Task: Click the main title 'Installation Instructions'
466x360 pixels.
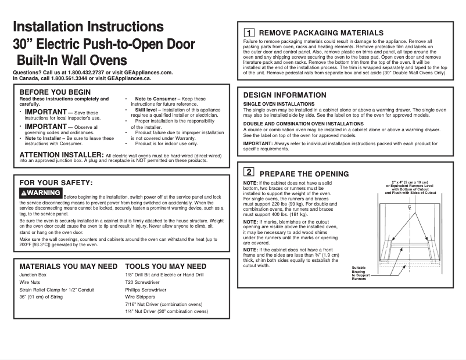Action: click(88, 27)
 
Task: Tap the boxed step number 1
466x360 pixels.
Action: click(248, 33)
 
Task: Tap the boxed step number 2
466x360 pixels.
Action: click(248, 172)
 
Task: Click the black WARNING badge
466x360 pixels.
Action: click(41, 193)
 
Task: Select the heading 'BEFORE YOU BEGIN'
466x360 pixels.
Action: click(55, 92)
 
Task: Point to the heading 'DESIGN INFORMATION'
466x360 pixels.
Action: click(285, 95)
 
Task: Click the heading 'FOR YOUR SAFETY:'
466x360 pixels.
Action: click(56, 183)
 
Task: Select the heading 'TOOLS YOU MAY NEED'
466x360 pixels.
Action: click(166, 266)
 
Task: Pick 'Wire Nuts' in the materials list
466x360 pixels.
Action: click(30, 282)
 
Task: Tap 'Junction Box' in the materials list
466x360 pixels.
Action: click(33, 274)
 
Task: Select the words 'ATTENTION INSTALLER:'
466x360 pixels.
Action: click(61, 154)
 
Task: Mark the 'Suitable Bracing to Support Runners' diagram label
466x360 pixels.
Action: click(360, 273)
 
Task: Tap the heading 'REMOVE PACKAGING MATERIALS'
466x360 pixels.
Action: click(321, 33)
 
